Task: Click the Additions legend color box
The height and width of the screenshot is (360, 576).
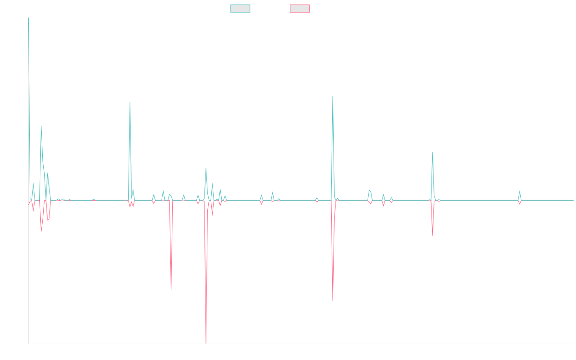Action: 240,9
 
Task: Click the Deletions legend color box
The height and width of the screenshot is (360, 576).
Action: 300,9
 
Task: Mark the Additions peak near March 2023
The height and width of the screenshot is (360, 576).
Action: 333,96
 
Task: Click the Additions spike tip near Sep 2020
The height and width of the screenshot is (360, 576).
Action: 130,102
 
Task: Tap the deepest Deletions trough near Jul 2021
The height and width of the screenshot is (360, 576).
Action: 206,343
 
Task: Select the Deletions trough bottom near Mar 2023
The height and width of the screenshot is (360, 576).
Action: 333,301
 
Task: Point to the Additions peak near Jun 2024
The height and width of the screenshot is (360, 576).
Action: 432,152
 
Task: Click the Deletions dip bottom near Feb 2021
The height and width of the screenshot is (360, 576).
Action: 171,289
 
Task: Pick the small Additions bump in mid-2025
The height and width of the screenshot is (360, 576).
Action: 519,191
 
